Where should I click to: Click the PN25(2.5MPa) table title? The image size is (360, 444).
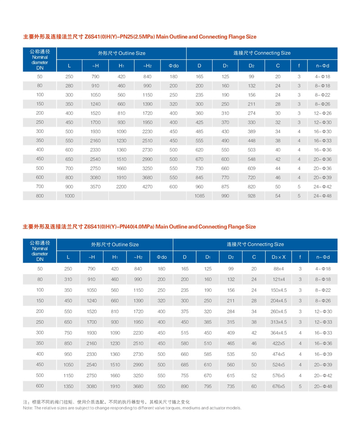pos(139,36)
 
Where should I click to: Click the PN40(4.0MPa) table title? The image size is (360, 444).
pos(139,227)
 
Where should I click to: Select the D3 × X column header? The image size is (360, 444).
pos(279,257)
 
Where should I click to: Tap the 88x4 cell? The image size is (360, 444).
pos(279,269)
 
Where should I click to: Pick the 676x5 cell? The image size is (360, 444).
pos(279,386)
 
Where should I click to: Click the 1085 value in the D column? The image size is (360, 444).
pos(199,196)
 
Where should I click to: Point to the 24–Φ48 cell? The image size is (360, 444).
pos(323,196)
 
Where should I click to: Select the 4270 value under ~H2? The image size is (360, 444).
pos(147,186)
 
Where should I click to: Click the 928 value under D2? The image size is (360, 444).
pos(252,196)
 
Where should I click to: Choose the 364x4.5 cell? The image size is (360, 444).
pos(279,333)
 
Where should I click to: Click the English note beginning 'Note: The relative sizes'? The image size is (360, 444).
pos(132,408)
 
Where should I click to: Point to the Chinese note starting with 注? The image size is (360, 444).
pos(106,401)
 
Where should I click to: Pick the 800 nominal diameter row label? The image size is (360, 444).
pos(40,196)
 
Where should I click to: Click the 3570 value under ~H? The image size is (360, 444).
pos(95,186)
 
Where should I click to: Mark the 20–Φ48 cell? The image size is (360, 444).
pos(323,386)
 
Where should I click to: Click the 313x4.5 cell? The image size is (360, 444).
pos(279,323)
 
